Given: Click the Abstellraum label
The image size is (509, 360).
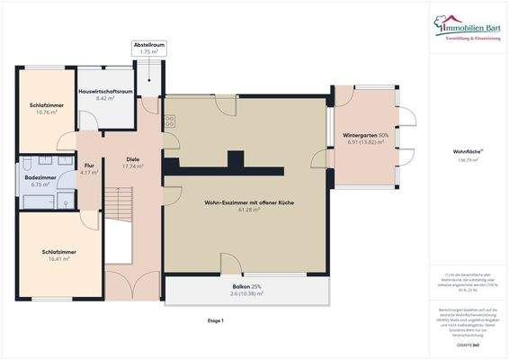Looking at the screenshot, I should pos(149,45).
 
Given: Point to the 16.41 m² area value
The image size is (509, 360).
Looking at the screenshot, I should pos(58,259).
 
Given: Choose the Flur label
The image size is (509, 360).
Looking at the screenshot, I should pos(90,165).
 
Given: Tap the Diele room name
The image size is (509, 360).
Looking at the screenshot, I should pos(133,159).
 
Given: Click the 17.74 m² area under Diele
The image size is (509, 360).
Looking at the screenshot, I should pos(133,166).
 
